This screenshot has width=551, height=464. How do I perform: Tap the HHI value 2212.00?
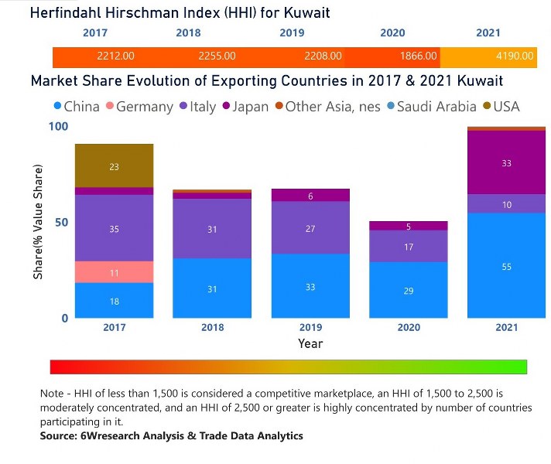116,56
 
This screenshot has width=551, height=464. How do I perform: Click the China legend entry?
76,107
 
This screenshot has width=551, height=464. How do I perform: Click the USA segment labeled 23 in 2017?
114,166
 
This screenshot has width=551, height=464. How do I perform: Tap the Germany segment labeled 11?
114,272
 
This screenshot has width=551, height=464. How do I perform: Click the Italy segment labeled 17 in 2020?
408,247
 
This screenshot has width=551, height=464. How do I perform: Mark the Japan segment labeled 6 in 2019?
310,196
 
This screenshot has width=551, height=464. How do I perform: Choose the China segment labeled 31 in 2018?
212,288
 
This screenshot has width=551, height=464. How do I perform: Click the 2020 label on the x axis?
408,328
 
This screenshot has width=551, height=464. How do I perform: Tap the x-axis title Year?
310,343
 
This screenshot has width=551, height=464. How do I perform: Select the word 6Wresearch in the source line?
108,436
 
